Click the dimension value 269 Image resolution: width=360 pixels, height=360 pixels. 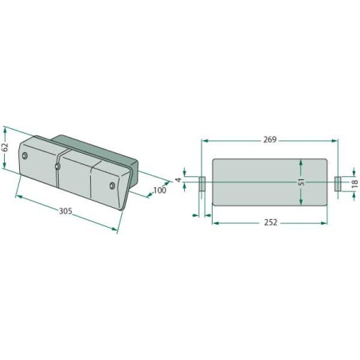coord(270,139)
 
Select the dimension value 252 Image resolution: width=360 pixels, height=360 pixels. coord(271,222)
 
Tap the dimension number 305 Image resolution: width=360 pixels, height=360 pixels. coord(65,211)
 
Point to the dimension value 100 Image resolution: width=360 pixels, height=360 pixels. coord(160,190)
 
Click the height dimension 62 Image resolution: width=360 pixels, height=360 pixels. coord(5,147)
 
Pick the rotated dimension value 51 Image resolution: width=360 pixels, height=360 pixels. coord(301,182)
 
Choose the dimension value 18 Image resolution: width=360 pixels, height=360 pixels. coord(354,183)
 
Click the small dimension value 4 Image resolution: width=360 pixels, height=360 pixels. coord(178,180)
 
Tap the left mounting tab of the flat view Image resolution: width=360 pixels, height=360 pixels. coord(202,184)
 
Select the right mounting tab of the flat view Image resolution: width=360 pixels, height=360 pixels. coord(338,183)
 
